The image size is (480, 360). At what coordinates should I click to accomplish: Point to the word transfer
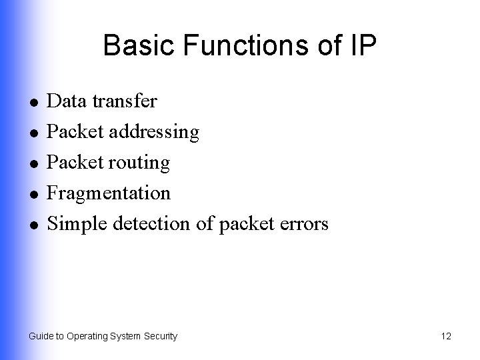125,101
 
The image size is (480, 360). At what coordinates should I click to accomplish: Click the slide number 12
446,337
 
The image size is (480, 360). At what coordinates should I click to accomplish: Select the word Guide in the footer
40,337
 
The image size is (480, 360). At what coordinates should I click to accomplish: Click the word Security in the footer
160,337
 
